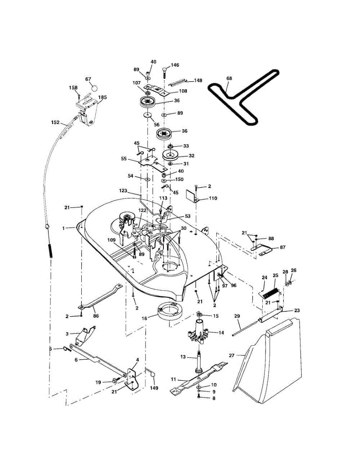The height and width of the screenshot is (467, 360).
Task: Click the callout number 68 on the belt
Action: pyautogui.click(x=228, y=78)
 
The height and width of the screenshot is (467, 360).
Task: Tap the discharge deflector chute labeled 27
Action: pyautogui.click(x=269, y=362)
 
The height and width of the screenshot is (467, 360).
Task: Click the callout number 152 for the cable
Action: pyautogui.click(x=55, y=122)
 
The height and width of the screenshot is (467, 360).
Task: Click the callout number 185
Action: pyautogui.click(x=103, y=97)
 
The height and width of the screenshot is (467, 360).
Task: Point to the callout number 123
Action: pyautogui.click(x=123, y=191)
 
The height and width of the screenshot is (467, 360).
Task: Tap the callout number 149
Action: pyautogui.click(x=155, y=388)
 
